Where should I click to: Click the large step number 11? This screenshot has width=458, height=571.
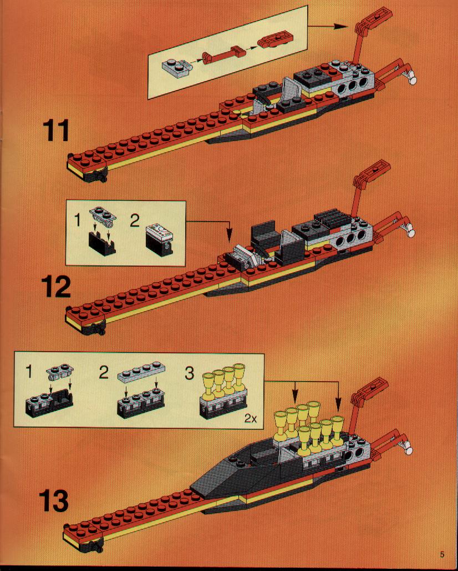(x=56, y=131)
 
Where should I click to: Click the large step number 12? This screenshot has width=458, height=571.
(x=55, y=287)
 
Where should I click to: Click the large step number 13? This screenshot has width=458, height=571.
(x=53, y=500)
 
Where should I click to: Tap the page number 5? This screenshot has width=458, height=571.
(x=441, y=554)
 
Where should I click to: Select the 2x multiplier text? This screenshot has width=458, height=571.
(x=250, y=418)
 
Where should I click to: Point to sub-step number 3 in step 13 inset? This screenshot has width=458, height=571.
(x=190, y=373)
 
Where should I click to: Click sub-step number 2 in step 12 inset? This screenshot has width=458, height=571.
(x=135, y=221)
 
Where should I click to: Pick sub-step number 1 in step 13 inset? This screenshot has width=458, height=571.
(x=29, y=372)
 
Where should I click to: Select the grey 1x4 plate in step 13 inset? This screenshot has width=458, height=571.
(x=141, y=372)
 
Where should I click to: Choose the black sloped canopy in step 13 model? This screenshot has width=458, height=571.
(x=233, y=473)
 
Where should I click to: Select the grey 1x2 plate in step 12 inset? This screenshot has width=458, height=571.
(x=103, y=215)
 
